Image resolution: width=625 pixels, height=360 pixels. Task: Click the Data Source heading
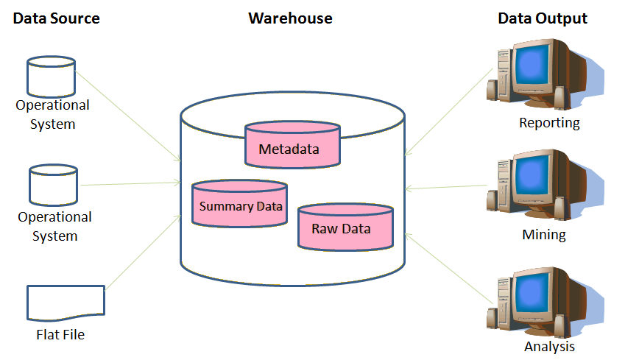(x=56, y=18)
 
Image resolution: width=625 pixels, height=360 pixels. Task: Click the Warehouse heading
(x=290, y=18)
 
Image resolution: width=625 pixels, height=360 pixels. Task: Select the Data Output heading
(x=543, y=18)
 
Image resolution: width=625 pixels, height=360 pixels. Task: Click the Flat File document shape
(x=66, y=303)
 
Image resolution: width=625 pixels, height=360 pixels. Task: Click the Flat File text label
(x=60, y=335)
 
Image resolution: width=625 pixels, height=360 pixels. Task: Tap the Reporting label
(x=549, y=123)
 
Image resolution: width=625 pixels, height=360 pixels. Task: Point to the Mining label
(x=543, y=236)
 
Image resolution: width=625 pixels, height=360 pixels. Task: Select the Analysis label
(x=549, y=346)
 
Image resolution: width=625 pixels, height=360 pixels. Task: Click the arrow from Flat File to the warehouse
(x=144, y=251)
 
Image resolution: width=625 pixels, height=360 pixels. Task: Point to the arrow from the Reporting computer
(x=448, y=111)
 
